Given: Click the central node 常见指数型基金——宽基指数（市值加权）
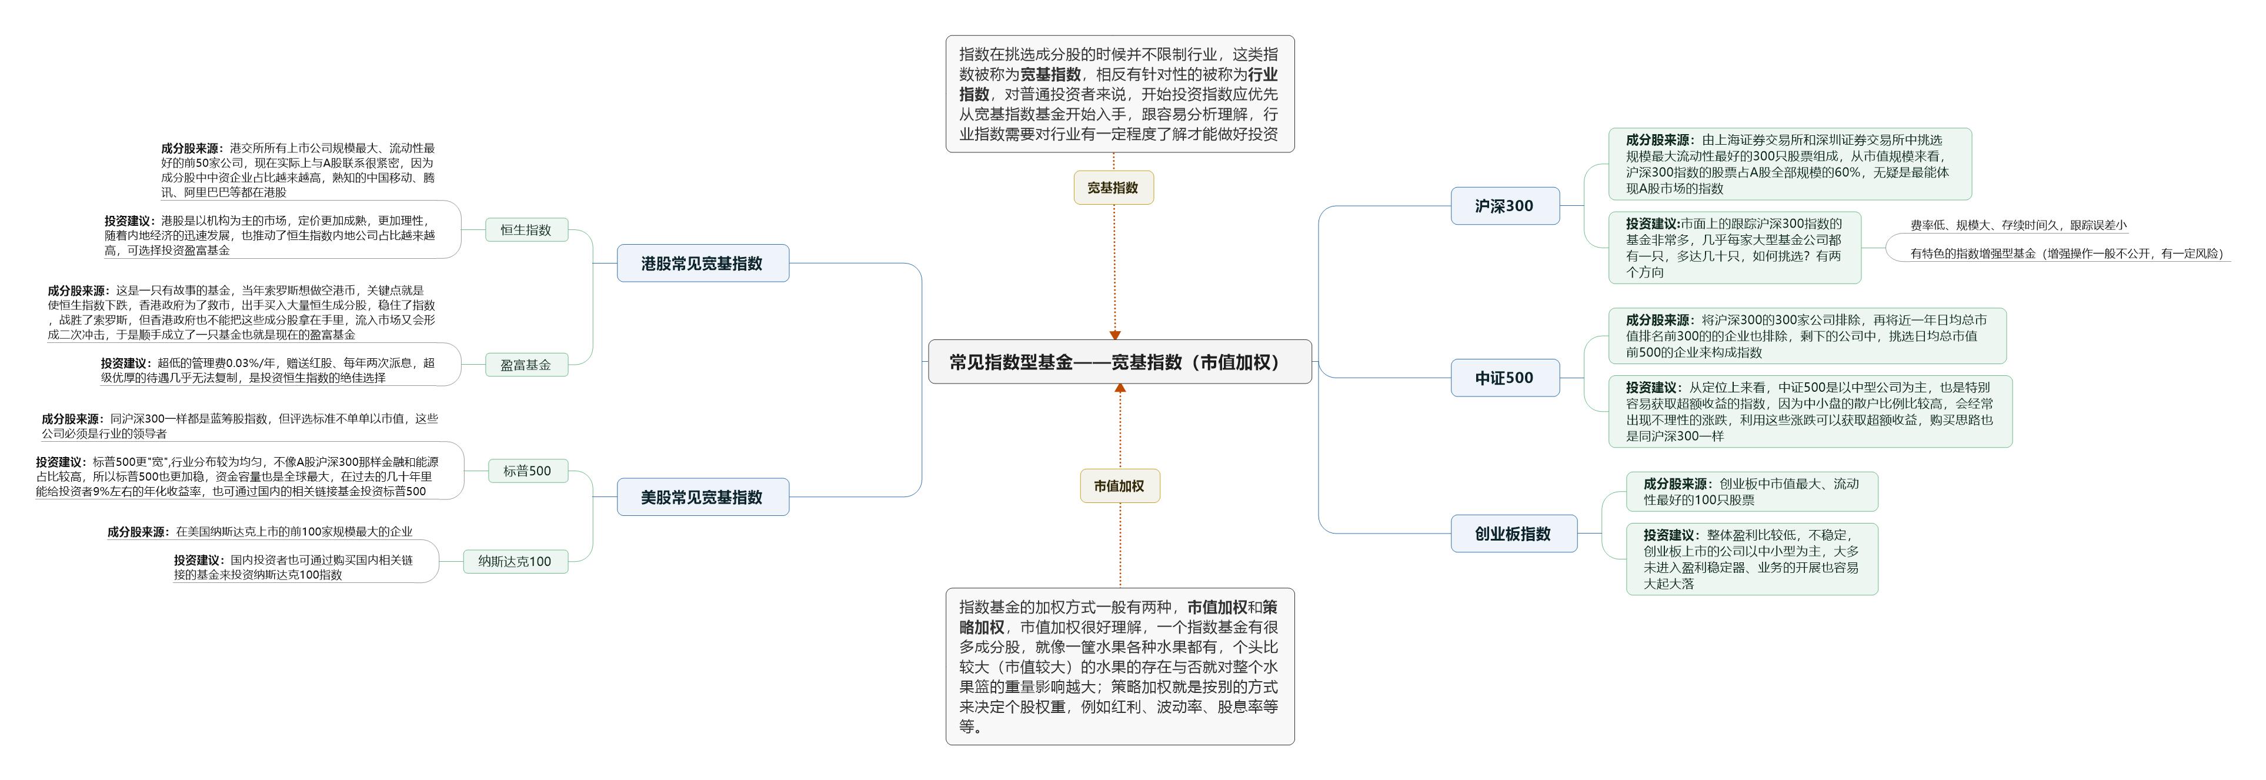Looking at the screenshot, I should coord(1119,361).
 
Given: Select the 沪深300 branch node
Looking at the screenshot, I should coord(1504,206).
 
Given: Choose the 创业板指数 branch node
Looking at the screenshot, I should coord(1513,534).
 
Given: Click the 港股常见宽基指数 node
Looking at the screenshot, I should coord(702,263).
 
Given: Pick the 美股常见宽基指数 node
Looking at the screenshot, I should coord(702,497).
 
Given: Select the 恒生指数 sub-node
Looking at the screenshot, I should coord(526,229).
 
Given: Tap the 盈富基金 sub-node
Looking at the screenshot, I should coord(526,364).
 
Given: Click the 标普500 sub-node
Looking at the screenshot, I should coord(527,471).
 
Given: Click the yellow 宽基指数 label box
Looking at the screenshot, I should coord(1113,187).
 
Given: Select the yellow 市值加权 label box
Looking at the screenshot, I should coord(1119,485).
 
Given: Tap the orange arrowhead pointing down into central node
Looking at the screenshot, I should coord(1114,335).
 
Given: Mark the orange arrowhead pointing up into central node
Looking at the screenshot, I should coord(1120,388).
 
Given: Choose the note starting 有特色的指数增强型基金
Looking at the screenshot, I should coord(2066,254).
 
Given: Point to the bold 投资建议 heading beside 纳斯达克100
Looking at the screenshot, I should coord(198,560).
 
